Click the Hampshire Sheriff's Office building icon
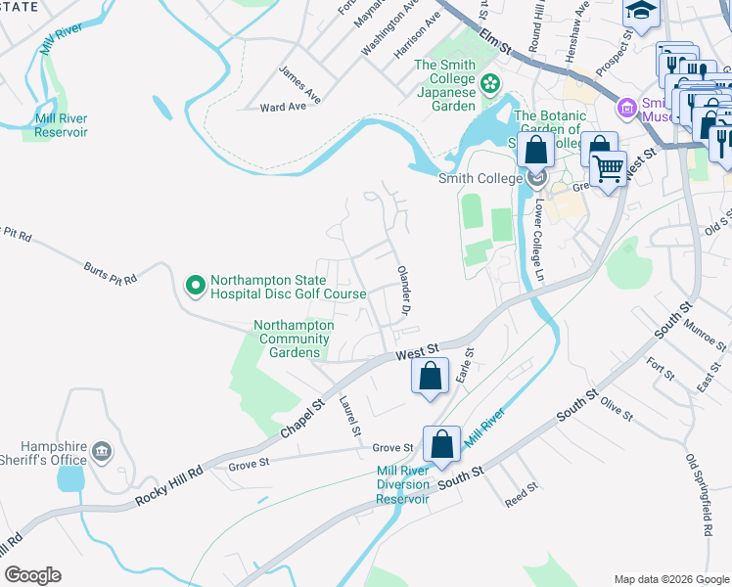(x=102, y=452)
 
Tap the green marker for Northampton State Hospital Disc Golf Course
(x=195, y=286)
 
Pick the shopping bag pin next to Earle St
(x=430, y=375)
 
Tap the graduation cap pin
(x=642, y=12)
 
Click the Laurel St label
(x=349, y=416)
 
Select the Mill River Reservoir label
(x=61, y=125)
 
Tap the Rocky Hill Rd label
(x=169, y=486)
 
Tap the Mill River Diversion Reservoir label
(x=403, y=485)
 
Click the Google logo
(x=32, y=574)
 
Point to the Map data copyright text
(x=670, y=578)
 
